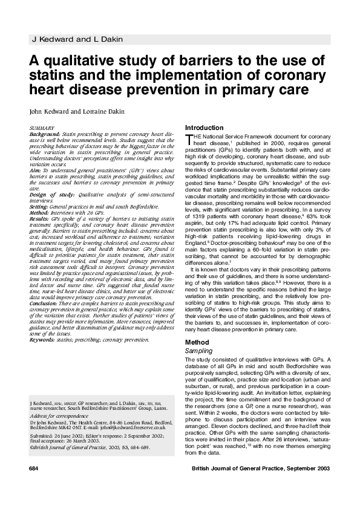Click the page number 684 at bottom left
coord(34,486)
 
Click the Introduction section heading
coord(204,128)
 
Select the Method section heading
coord(197,343)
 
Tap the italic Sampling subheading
coord(198,351)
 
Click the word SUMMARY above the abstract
coord(42,129)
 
